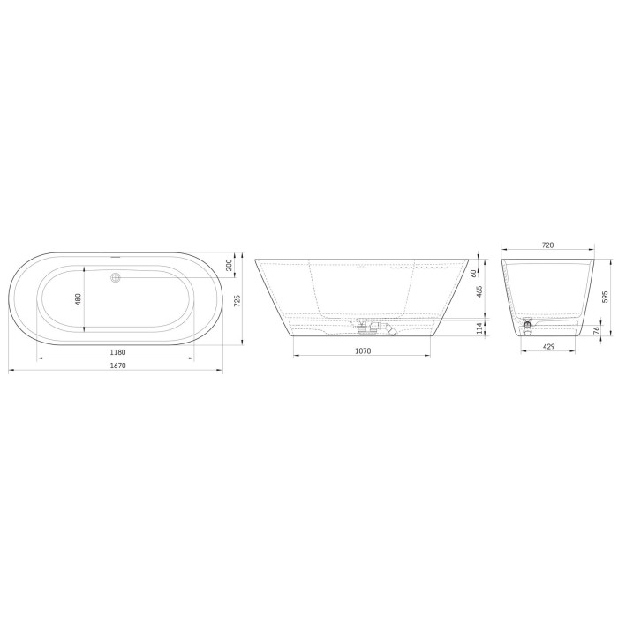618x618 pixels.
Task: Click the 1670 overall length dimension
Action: click(117, 366)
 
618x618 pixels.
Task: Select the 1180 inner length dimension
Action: click(117, 352)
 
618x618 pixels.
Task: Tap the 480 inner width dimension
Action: click(78, 299)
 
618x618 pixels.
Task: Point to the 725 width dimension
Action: click(237, 301)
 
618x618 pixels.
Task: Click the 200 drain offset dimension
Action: click(229, 265)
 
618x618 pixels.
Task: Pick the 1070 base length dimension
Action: click(363, 350)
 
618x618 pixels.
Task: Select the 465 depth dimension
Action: click(479, 291)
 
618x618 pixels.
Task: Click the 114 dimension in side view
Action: click(479, 328)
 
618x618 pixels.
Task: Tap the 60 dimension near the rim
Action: click(473, 272)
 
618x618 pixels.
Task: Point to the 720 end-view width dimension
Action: click(548, 245)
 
